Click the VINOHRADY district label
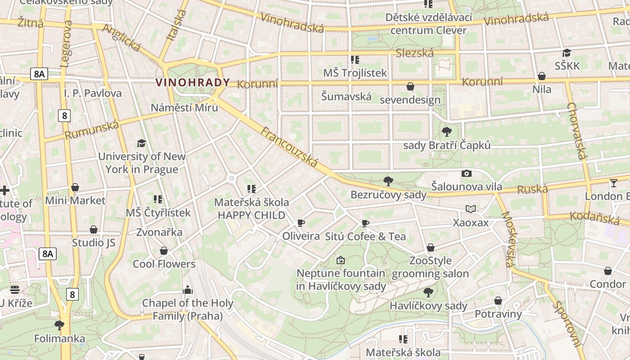click(192, 82)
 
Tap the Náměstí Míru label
click(184, 108)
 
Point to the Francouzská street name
click(290, 147)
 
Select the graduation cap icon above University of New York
click(142, 143)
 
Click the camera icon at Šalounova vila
click(467, 173)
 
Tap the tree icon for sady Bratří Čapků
click(447, 132)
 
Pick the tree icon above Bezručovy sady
click(388, 181)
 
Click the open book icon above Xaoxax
click(471, 209)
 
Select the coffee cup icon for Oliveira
click(301, 223)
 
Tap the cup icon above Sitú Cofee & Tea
click(365, 223)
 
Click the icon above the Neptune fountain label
click(341, 260)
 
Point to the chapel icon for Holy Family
click(188, 290)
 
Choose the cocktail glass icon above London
click(614, 183)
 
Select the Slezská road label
click(414, 53)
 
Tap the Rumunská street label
click(91, 130)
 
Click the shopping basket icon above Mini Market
click(75, 187)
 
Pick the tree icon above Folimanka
click(59, 325)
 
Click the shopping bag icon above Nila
click(542, 76)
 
